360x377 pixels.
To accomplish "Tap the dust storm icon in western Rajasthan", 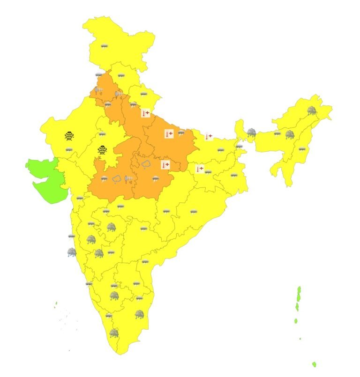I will pyautogui.click(x=69, y=136).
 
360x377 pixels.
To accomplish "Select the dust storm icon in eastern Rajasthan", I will pyautogui.click(x=102, y=150).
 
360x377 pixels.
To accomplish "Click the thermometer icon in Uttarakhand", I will pyautogui.click(x=145, y=113).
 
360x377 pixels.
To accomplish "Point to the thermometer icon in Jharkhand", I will pyautogui.click(x=200, y=168).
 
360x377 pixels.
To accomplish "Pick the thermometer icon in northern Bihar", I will pyautogui.click(x=209, y=136).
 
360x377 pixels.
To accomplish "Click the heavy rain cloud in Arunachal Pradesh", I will pyautogui.click(x=311, y=111).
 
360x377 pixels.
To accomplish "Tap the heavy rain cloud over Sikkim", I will pyautogui.click(x=252, y=133).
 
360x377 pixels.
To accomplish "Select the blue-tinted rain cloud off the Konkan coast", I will pyautogui.click(x=71, y=253).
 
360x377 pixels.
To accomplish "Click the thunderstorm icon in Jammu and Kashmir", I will pyautogui.click(x=104, y=46).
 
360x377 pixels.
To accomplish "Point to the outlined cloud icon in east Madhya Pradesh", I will pyautogui.click(x=146, y=165).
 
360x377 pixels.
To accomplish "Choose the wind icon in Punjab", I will pyautogui.click(x=99, y=89).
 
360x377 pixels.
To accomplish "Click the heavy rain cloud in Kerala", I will pyautogui.click(x=113, y=333).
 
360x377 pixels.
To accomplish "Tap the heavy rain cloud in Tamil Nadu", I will pyautogui.click(x=139, y=314).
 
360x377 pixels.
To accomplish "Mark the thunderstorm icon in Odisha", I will pyautogui.click(x=193, y=212).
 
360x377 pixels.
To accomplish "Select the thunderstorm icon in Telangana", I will pyautogui.click(x=144, y=229).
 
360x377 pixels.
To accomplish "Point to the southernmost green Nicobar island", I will pyautogui.click(x=314, y=364).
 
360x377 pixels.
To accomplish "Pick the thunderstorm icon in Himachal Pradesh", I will pyautogui.click(x=121, y=75).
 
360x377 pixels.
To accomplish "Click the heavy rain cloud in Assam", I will pyautogui.click(x=290, y=135).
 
